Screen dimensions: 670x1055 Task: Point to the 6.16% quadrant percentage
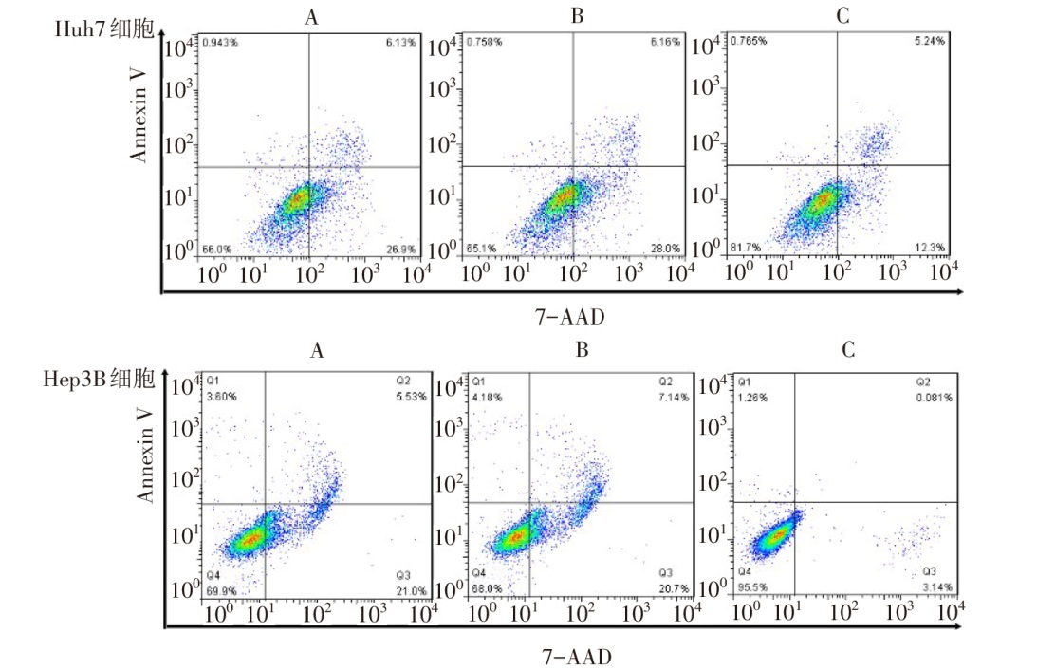(664, 42)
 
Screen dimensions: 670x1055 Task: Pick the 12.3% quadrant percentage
(931, 249)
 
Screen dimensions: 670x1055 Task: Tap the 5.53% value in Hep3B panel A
(410, 397)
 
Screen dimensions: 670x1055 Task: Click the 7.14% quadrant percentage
(674, 397)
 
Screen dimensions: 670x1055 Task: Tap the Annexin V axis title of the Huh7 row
(140, 121)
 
